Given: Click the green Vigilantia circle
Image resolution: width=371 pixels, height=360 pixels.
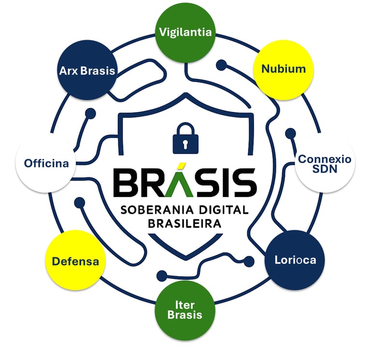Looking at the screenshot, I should tap(185, 32).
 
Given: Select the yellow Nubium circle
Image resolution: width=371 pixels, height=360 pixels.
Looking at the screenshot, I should tap(284, 69).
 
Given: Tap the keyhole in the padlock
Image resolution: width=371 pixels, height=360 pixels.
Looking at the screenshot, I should tap(185, 144).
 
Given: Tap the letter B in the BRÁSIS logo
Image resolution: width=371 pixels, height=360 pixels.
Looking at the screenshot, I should tap(126, 183).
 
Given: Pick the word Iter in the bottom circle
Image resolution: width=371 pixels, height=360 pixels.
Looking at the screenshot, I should tap(185, 305).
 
